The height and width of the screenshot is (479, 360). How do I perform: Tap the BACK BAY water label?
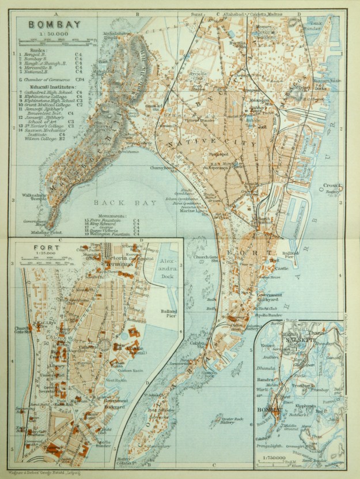(114, 202)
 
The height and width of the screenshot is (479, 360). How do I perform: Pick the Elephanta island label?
(307, 406)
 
